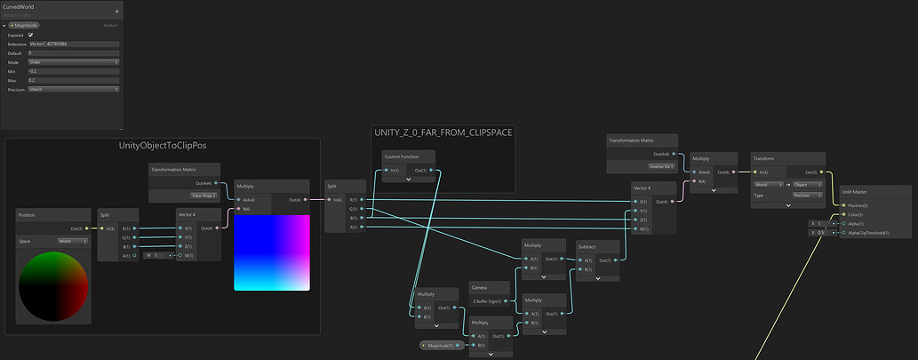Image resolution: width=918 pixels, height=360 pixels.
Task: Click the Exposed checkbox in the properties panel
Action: [43, 35]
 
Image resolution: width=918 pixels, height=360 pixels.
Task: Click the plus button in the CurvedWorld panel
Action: [117, 11]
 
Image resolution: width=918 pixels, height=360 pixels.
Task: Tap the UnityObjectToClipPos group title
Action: [163, 145]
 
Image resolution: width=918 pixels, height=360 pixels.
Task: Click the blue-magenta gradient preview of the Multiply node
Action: [272, 252]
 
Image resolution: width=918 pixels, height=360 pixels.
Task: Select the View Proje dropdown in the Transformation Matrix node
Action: [204, 196]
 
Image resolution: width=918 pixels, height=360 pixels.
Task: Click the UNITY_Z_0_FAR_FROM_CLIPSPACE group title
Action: [443, 132]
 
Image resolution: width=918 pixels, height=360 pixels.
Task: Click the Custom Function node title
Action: [402, 156]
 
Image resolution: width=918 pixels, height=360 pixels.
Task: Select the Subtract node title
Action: [587, 245]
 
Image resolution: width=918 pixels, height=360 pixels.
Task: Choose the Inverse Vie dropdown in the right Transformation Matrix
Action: [659, 165]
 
